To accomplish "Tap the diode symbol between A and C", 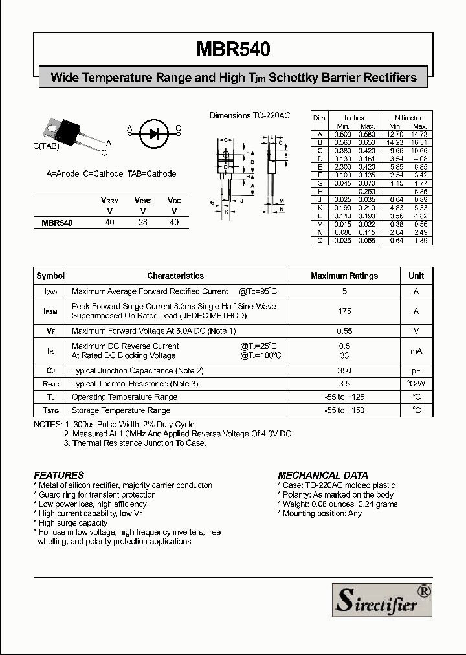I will point(153,133).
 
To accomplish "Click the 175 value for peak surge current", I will point(344,311).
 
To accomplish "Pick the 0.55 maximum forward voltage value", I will point(344,331).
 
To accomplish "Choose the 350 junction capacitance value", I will point(344,371).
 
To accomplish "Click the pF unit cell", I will point(416,371).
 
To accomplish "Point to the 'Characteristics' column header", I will point(175,276).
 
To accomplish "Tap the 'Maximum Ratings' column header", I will point(344,276).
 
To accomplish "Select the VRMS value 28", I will point(142,222).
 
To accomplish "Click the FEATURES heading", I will point(59,475).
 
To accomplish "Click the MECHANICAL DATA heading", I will point(323,475).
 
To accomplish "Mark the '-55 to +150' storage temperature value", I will point(344,410).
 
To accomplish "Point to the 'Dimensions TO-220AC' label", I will point(250,115).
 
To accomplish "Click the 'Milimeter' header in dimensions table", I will point(408,118).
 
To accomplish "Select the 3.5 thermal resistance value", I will point(344,384).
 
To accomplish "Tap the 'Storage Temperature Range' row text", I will point(121,410).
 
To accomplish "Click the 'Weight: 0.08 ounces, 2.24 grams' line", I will point(339,504).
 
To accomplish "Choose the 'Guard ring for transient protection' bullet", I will point(96,494).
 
